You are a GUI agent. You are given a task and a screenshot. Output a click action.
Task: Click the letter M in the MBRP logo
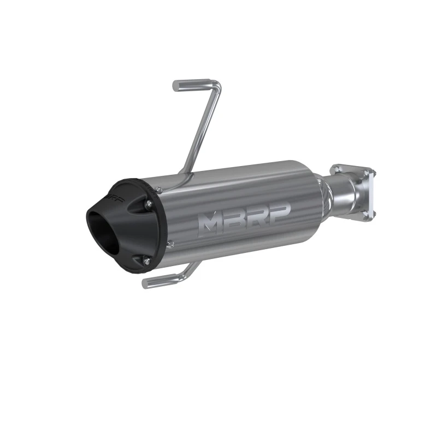click(x=210, y=221)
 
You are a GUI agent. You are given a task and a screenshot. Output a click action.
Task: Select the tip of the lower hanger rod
click(x=146, y=284)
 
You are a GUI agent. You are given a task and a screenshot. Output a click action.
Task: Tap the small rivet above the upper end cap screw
click(x=158, y=188)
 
